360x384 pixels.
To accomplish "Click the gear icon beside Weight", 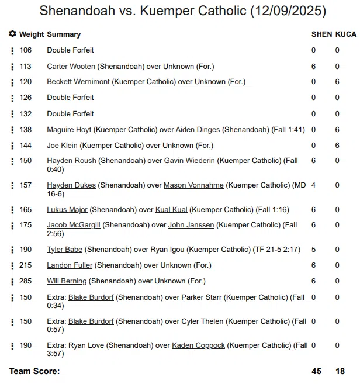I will pyautogui.click(x=13, y=34).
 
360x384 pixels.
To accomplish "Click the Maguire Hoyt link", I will pyautogui.click(x=69, y=129).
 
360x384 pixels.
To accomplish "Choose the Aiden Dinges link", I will pyautogui.click(x=198, y=129).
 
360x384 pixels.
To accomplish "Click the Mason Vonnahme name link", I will pyautogui.click(x=193, y=185).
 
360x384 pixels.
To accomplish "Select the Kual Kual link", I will pyautogui.click(x=171, y=209).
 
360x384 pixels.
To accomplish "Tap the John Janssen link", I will pyautogui.click(x=191, y=225).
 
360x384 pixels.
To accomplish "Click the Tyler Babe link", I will pyautogui.click(x=65, y=250).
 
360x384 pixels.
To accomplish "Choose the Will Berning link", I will pyautogui.click(x=67, y=281).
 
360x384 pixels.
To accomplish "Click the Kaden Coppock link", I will pyautogui.click(x=198, y=345).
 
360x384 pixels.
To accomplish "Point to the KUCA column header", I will pyautogui.click(x=345, y=34).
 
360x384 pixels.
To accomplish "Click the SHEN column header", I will pyautogui.click(x=321, y=34).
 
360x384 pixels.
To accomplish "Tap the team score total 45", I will pyautogui.click(x=317, y=371).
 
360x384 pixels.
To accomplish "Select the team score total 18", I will pyautogui.click(x=340, y=371).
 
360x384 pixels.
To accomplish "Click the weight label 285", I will pyautogui.click(x=26, y=281).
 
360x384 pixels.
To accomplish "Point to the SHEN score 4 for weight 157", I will pyautogui.click(x=314, y=185).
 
